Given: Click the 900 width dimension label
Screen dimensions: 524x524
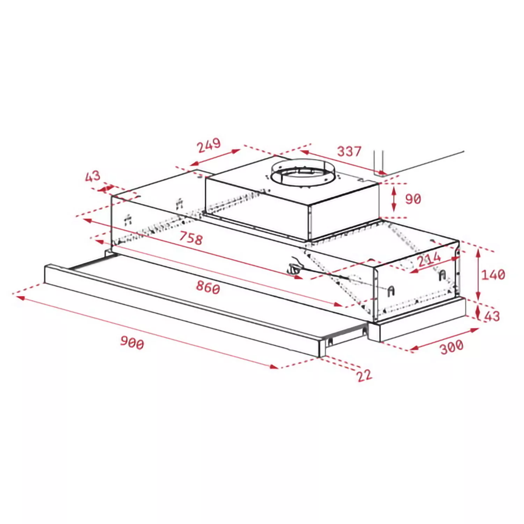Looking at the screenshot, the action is (132, 342).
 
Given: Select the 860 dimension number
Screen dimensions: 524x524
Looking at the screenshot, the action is (208, 287).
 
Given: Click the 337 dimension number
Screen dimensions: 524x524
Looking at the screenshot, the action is (349, 151).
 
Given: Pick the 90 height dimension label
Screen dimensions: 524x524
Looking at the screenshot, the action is (413, 199).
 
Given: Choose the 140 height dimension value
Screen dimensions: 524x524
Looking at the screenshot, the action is (493, 275).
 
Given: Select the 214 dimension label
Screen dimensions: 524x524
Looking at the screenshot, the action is (429, 259).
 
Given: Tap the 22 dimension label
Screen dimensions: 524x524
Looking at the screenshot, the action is (364, 376).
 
